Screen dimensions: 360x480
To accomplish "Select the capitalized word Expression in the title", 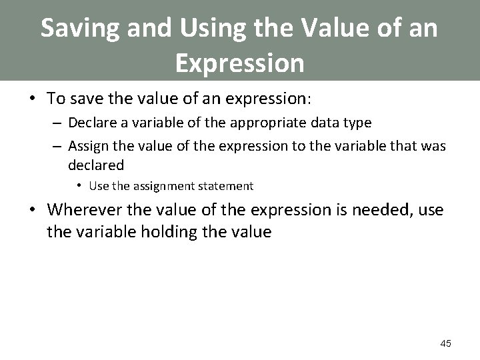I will click(239, 63).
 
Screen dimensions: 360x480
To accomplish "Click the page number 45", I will click(445, 343).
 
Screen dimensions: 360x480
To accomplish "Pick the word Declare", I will click(90, 123).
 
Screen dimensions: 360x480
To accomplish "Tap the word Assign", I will click(87, 147).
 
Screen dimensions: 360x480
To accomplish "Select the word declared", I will click(95, 164).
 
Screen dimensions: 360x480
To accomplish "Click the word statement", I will click(221, 186).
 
